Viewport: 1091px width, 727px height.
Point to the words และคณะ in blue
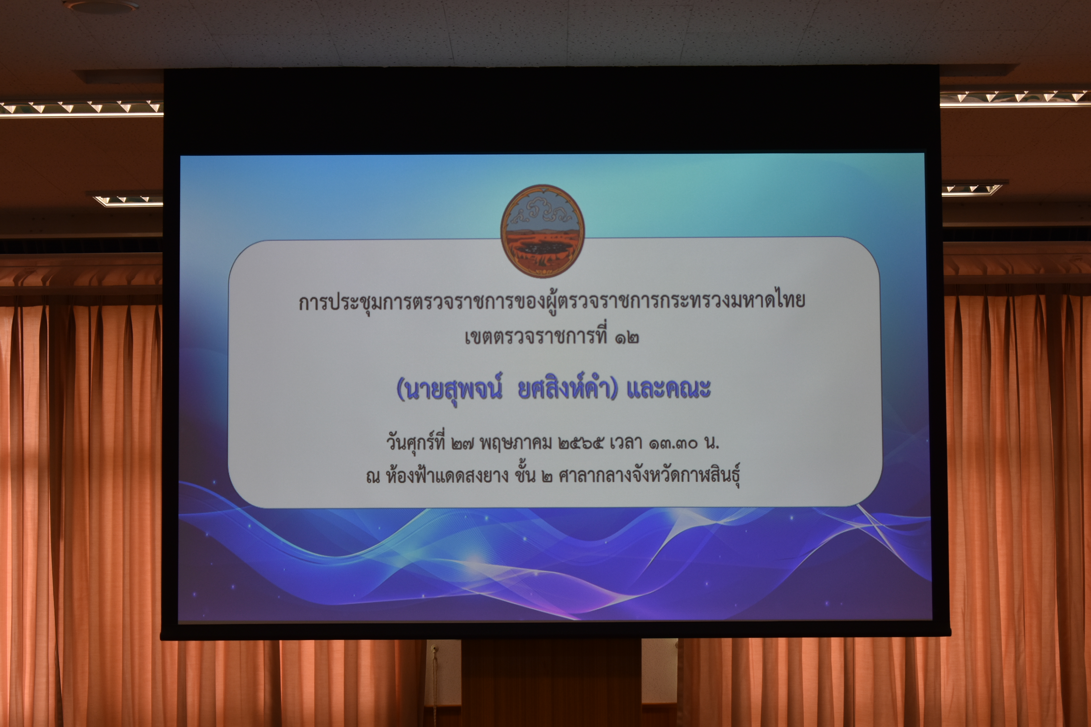(668, 389)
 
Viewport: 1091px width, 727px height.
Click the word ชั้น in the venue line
(525, 474)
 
